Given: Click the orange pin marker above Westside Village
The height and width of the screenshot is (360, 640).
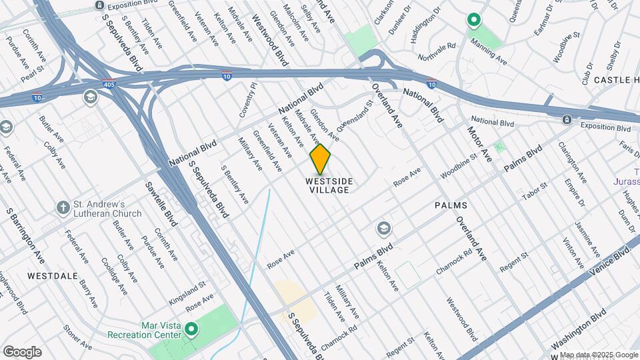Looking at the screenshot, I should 321,159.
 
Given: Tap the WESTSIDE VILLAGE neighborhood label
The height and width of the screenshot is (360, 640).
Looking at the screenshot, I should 329,185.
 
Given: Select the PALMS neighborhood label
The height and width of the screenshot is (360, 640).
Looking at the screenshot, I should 451,205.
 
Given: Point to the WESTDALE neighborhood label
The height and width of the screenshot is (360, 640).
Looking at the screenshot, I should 53,275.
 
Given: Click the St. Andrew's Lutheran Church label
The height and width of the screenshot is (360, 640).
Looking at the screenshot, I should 107,209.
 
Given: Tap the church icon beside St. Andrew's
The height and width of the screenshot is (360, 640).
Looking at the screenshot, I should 63,208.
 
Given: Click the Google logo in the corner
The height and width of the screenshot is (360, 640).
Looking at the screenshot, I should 22,352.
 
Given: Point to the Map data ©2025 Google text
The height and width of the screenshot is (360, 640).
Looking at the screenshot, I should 598,355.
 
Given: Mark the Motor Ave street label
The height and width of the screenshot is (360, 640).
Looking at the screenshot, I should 478,144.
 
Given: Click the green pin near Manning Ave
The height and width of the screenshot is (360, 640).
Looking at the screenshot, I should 474,21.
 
